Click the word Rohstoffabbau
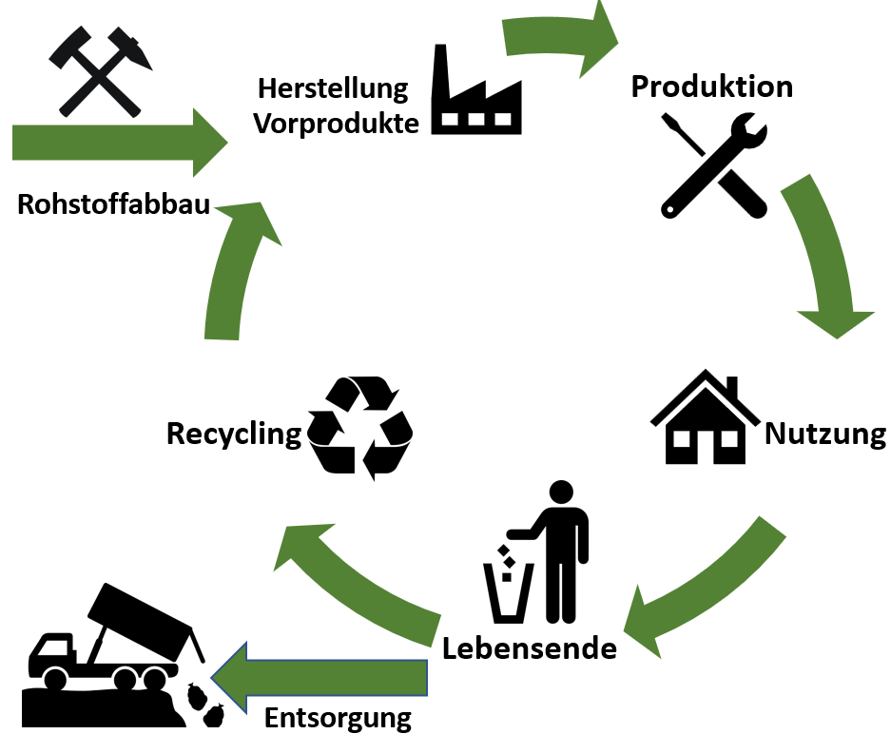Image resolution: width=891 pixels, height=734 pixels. point(113,204)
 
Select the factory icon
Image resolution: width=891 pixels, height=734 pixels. point(476,90)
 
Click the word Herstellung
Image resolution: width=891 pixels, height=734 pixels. point(333,90)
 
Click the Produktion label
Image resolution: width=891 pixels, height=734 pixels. point(711,87)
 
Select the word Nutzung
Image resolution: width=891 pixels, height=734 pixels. point(823,435)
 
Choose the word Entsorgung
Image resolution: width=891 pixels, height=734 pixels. point(338,716)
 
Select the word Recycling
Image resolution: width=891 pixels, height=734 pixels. point(233,434)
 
